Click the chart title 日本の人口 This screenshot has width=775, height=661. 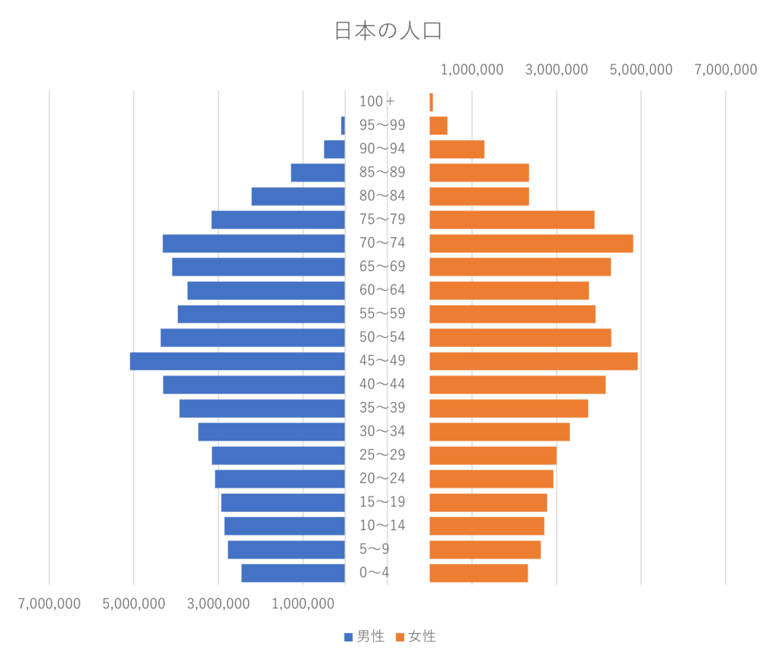[387, 31]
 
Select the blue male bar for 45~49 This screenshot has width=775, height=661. [237, 361]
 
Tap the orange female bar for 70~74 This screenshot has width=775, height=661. [531, 244]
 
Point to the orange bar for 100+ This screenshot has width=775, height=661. [431, 101]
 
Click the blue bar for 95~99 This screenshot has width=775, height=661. [343, 125]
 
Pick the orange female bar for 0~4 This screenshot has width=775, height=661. [479, 573]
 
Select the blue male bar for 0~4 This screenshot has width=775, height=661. [292, 573]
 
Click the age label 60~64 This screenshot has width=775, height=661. [382, 291]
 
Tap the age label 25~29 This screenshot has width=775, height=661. [382, 456]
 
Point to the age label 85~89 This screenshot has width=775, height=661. [382, 173]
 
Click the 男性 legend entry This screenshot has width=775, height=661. [364, 637]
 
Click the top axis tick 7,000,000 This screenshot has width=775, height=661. [725, 70]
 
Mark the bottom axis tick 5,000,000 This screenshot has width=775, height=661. [133, 604]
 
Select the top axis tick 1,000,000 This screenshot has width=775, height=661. [472, 70]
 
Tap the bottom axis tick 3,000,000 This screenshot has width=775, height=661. [218, 604]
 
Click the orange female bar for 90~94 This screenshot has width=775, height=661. [457, 149]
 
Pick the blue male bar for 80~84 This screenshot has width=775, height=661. [298, 197]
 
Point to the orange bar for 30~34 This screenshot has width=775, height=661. [500, 432]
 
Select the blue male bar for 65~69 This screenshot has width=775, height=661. [258, 267]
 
